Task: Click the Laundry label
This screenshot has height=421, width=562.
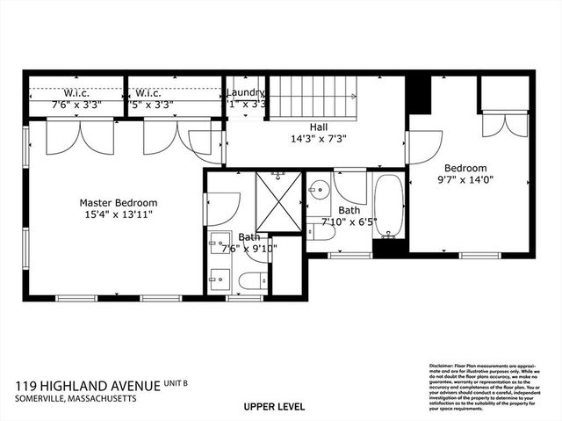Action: pyautogui.click(x=245, y=92)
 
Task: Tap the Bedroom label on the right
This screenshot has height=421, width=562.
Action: pyautogui.click(x=465, y=168)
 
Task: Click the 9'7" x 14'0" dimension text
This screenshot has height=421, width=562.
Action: pyautogui.click(x=465, y=180)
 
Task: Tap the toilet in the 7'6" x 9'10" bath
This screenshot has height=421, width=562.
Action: pyautogui.click(x=253, y=281)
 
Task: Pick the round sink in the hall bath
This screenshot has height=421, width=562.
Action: pyautogui.click(x=320, y=189)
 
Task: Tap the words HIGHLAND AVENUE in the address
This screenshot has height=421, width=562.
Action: pyautogui.click(x=106, y=386)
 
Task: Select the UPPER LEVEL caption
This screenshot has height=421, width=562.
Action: pyautogui.click(x=274, y=407)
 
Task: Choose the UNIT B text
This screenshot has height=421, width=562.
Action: pyautogui.click(x=180, y=383)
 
